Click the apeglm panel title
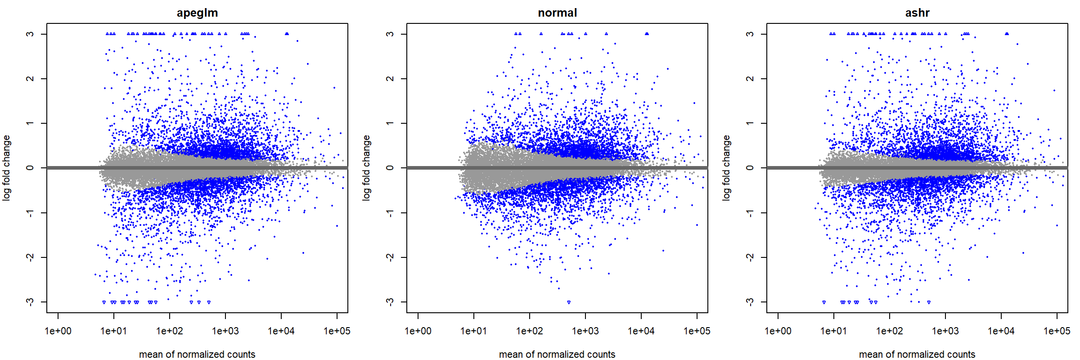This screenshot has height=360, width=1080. point(197,13)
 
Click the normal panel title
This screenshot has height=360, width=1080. point(557,13)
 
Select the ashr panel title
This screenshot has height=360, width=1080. point(917,13)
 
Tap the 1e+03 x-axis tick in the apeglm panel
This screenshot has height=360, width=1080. point(225,331)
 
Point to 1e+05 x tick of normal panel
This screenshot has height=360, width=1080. point(697,331)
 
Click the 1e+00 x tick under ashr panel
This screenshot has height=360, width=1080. point(778,331)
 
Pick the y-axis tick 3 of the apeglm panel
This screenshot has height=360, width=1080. point(30,34)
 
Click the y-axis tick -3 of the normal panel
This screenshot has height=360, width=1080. point(390,301)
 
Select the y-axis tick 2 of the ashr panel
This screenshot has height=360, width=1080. point(750,79)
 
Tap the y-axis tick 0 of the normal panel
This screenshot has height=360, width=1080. point(390,168)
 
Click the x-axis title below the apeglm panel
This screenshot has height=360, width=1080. point(197,354)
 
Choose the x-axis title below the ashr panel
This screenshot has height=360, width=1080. point(917,354)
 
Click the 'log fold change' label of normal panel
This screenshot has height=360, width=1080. point(366,168)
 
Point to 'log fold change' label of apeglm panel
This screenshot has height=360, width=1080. point(6,168)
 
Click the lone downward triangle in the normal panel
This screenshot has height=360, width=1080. point(569,302)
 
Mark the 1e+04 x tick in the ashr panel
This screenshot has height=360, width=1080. point(1001,331)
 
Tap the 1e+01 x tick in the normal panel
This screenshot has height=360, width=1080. point(474,331)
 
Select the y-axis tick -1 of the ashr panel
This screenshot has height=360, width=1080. point(750,212)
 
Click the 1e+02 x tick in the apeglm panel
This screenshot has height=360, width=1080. point(170,331)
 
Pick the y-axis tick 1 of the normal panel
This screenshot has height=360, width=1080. point(390,123)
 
